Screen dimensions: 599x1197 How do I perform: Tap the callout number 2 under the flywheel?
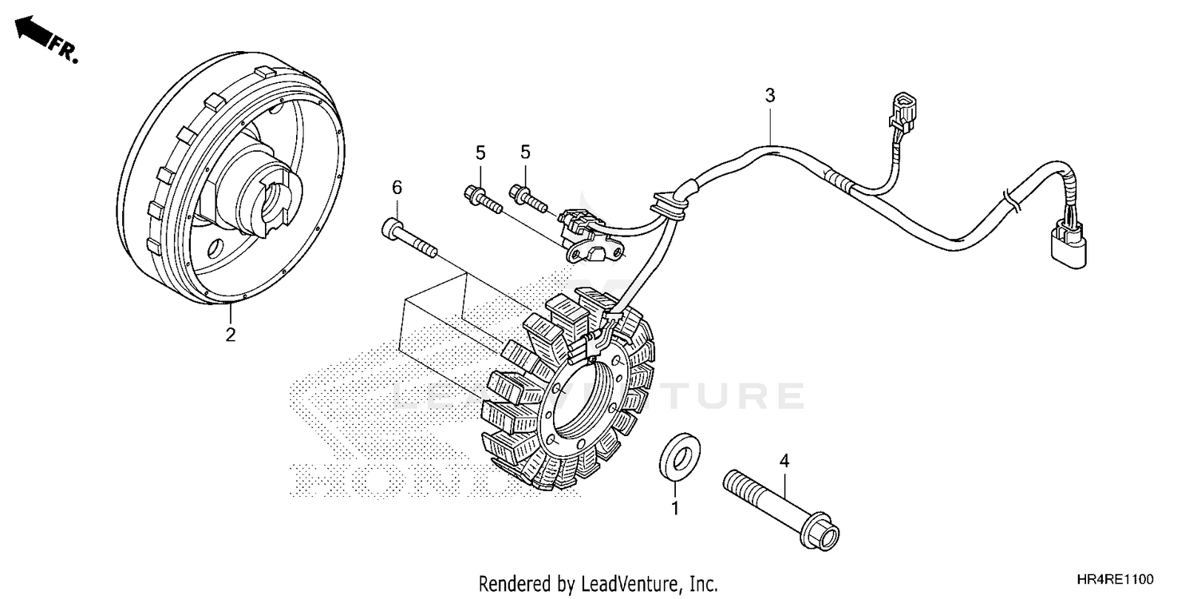[x=230, y=335]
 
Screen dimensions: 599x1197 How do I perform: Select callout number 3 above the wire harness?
[x=769, y=96]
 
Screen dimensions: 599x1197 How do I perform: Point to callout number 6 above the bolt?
[x=397, y=188]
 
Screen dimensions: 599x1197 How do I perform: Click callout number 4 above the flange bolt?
[x=784, y=461]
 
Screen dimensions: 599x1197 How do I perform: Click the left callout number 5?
[x=481, y=152]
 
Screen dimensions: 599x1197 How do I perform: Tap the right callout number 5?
[x=526, y=152]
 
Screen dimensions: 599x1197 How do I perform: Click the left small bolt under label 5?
[x=482, y=198]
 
